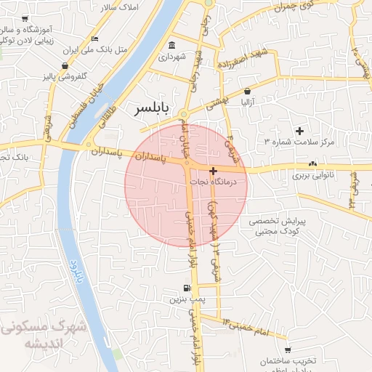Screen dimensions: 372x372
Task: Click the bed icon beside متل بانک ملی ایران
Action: pyautogui.click(x=95, y=39)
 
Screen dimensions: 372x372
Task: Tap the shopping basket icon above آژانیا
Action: pyautogui.click(x=248, y=92)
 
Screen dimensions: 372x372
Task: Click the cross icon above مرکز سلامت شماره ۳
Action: pyautogui.click(x=299, y=131)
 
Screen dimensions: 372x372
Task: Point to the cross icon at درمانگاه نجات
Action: pyautogui.click(x=213, y=172)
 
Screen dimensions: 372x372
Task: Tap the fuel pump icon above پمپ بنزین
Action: pyautogui.click(x=187, y=288)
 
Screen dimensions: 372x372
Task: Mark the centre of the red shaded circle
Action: pyautogui.click(x=186, y=185)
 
